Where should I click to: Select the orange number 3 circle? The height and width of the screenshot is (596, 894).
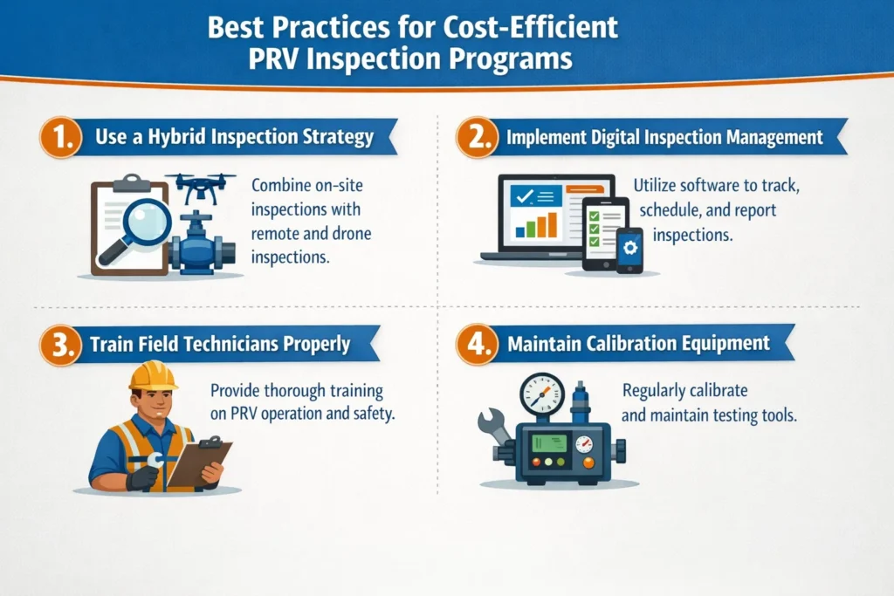point(57,344)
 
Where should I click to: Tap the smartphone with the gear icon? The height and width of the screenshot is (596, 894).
point(629,250)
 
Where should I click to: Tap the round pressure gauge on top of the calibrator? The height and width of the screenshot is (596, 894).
point(541,395)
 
